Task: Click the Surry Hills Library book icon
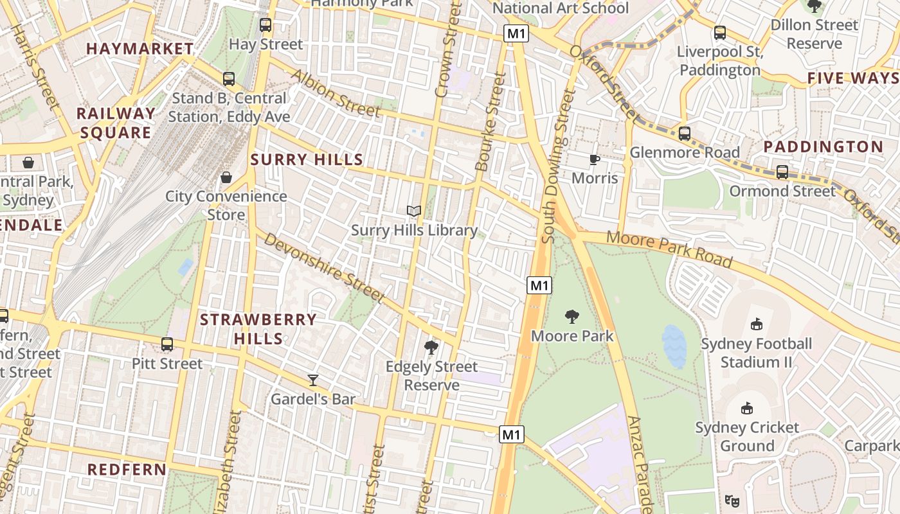click(414, 211)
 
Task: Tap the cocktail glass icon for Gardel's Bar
click(313, 380)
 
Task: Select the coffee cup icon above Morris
click(595, 159)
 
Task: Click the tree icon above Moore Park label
click(571, 316)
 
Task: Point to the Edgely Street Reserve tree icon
click(431, 348)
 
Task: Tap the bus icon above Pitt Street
click(167, 344)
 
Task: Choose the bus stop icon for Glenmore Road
click(685, 134)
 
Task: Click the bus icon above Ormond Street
click(782, 172)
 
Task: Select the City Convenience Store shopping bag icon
click(226, 177)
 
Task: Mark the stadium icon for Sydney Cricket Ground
click(746, 408)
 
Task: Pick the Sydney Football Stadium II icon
click(756, 324)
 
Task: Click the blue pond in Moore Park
click(674, 346)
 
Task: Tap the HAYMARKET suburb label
click(139, 49)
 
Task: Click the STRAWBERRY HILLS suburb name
click(258, 328)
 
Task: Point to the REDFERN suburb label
click(127, 470)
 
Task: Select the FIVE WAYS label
click(852, 78)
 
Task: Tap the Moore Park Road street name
click(669, 249)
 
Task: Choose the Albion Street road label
click(335, 93)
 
